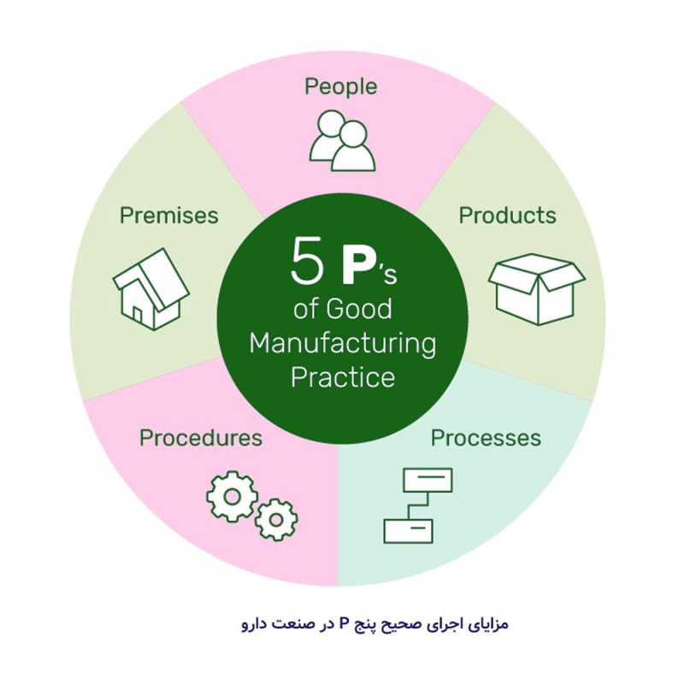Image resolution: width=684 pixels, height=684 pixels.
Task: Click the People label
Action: (340, 87)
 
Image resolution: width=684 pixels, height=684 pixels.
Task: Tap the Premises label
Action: (168, 215)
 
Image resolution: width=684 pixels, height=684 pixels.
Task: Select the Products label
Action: (507, 215)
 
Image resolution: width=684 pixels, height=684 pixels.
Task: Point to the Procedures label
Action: (201, 438)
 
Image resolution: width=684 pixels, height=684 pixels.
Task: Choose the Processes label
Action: (486, 438)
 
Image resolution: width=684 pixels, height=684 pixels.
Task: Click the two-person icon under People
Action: (343, 140)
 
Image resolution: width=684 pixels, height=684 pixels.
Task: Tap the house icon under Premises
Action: (151, 289)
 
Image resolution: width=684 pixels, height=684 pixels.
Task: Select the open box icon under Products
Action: (537, 289)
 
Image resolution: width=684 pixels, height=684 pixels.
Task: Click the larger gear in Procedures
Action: (232, 497)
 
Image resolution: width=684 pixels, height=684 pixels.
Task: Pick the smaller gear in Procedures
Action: (276, 520)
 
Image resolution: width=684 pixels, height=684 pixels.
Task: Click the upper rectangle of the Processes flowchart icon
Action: (427, 480)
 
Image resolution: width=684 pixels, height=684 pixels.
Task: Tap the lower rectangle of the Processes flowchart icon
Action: (409, 531)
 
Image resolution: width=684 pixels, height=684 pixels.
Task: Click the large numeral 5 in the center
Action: (307, 261)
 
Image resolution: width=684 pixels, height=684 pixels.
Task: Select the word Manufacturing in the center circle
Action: (343, 344)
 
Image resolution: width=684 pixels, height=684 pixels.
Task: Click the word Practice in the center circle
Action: (343, 377)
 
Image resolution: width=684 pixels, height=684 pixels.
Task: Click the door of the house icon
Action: (138, 314)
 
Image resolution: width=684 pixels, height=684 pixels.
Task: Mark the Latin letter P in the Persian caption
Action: (344, 624)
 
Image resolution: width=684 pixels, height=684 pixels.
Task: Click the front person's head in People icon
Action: (352, 134)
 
